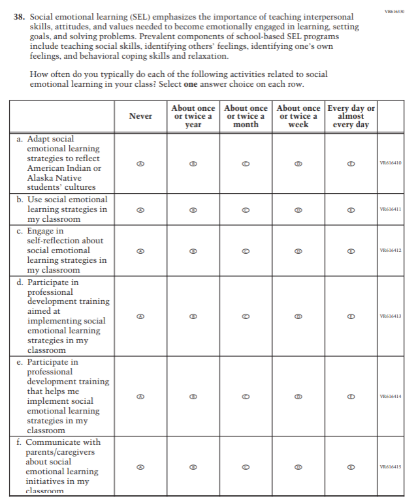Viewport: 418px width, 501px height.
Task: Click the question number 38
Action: click(20, 16)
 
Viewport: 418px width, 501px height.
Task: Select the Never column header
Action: click(140, 116)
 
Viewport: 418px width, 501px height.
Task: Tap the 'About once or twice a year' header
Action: click(193, 116)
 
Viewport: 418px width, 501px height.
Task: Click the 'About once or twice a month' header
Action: click(246, 116)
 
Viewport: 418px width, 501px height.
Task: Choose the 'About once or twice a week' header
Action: click(298, 116)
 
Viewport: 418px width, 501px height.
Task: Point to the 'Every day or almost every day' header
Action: click(351, 116)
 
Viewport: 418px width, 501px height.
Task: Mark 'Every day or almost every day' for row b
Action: click(351, 210)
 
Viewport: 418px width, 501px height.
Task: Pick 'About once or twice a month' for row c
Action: click(246, 250)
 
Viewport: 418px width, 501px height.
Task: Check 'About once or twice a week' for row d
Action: click(298, 316)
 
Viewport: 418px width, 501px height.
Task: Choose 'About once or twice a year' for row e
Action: click(193, 396)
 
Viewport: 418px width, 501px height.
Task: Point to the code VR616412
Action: click(391, 250)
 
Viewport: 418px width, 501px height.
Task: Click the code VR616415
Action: click(391, 466)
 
